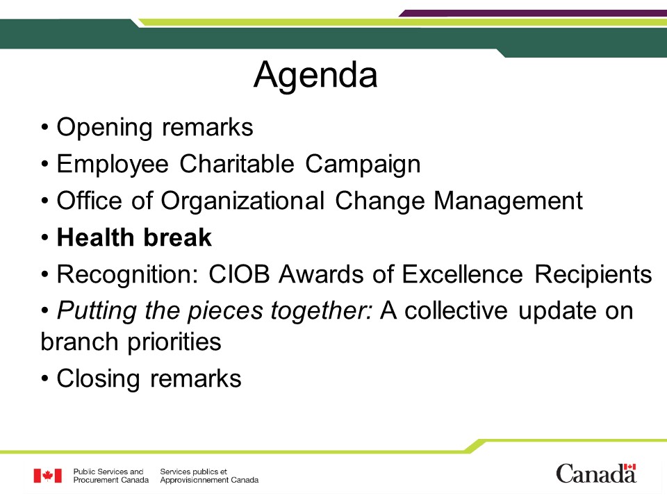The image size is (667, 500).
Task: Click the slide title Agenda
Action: click(x=315, y=76)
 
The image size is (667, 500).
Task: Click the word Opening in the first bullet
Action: click(x=104, y=128)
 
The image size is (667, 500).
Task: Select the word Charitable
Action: click(x=236, y=164)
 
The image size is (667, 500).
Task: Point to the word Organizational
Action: click(x=242, y=201)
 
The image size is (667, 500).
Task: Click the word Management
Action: click(x=508, y=201)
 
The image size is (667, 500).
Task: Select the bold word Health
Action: click(x=95, y=237)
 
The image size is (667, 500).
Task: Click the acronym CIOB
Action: click(x=239, y=274)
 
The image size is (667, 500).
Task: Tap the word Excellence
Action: click(x=463, y=274)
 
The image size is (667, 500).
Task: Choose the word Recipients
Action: click(x=593, y=275)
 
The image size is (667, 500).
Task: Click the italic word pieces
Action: click(x=225, y=312)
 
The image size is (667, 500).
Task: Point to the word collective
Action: click(x=456, y=310)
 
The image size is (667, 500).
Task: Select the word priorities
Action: click(x=174, y=342)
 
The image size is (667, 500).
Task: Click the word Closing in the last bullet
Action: click(x=98, y=379)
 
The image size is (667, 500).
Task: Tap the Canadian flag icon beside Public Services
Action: click(x=48, y=476)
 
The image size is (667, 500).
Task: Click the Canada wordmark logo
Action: click(x=596, y=474)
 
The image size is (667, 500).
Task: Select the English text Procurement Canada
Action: click(x=111, y=480)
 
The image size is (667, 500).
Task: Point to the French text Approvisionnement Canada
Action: click(x=209, y=481)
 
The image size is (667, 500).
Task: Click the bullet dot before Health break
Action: click(x=45, y=237)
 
